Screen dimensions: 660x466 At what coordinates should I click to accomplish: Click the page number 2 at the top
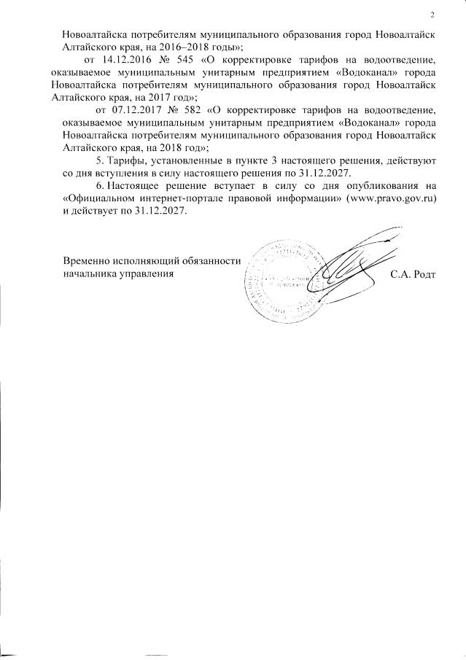tap(432, 15)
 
